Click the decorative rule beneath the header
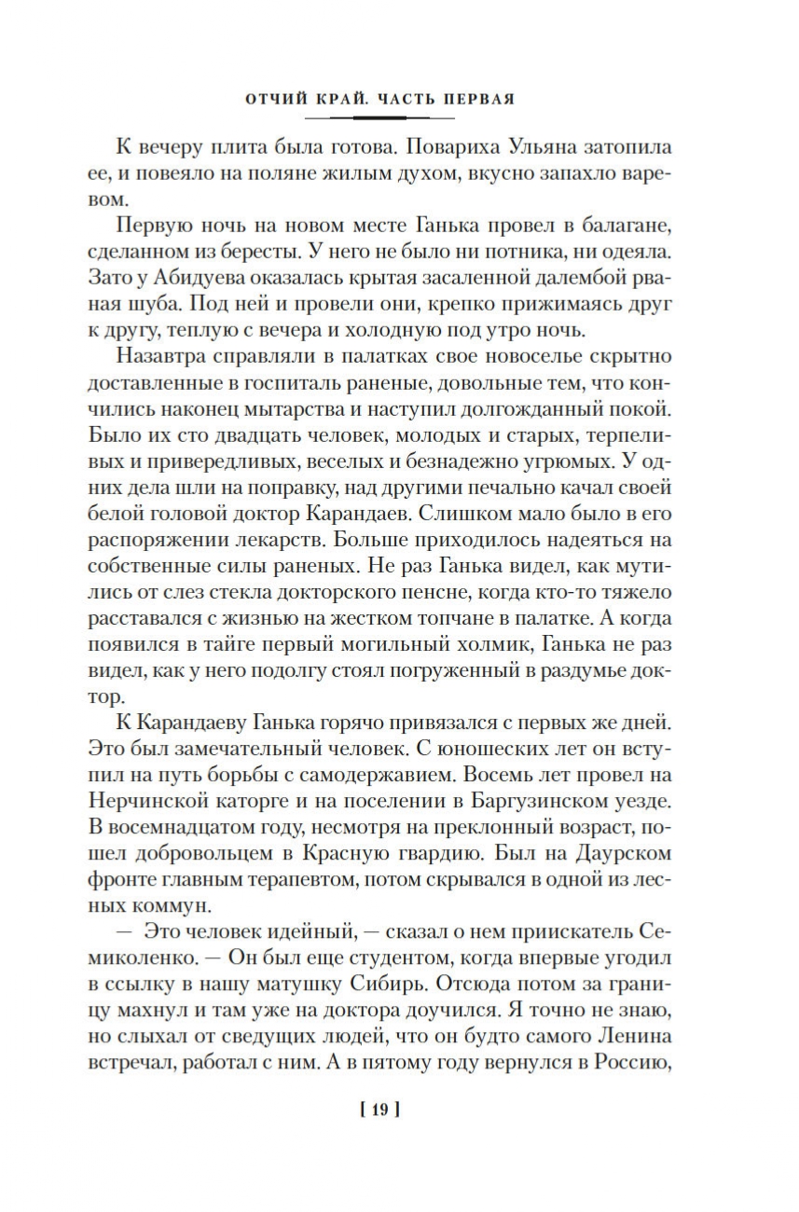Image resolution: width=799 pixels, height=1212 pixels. click(384, 118)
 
